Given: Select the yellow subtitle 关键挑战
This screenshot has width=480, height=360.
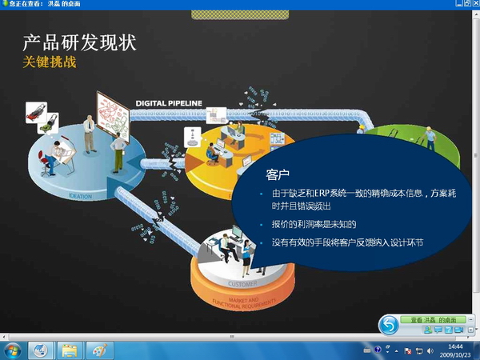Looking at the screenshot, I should click(49, 62).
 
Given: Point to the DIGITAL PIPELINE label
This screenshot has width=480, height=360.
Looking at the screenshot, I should click(169, 102).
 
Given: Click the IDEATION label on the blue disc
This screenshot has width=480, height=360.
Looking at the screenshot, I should click(79, 196).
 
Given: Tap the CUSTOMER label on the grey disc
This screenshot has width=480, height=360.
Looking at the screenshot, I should click(243, 283).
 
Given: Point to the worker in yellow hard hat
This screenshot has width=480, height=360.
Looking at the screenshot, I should click(430, 136).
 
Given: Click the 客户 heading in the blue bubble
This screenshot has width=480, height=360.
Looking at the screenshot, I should click(277, 173).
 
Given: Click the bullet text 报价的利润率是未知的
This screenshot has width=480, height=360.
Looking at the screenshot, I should click(314, 224).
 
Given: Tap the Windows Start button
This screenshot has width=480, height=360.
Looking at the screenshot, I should click(13, 350).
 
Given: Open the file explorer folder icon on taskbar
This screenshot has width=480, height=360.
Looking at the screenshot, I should click(69, 350).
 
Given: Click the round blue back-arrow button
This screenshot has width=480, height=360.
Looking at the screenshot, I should click(389, 324).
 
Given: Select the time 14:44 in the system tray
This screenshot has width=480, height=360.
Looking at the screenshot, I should click(456, 346).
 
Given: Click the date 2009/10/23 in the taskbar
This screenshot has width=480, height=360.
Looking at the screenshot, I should click(456, 354).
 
